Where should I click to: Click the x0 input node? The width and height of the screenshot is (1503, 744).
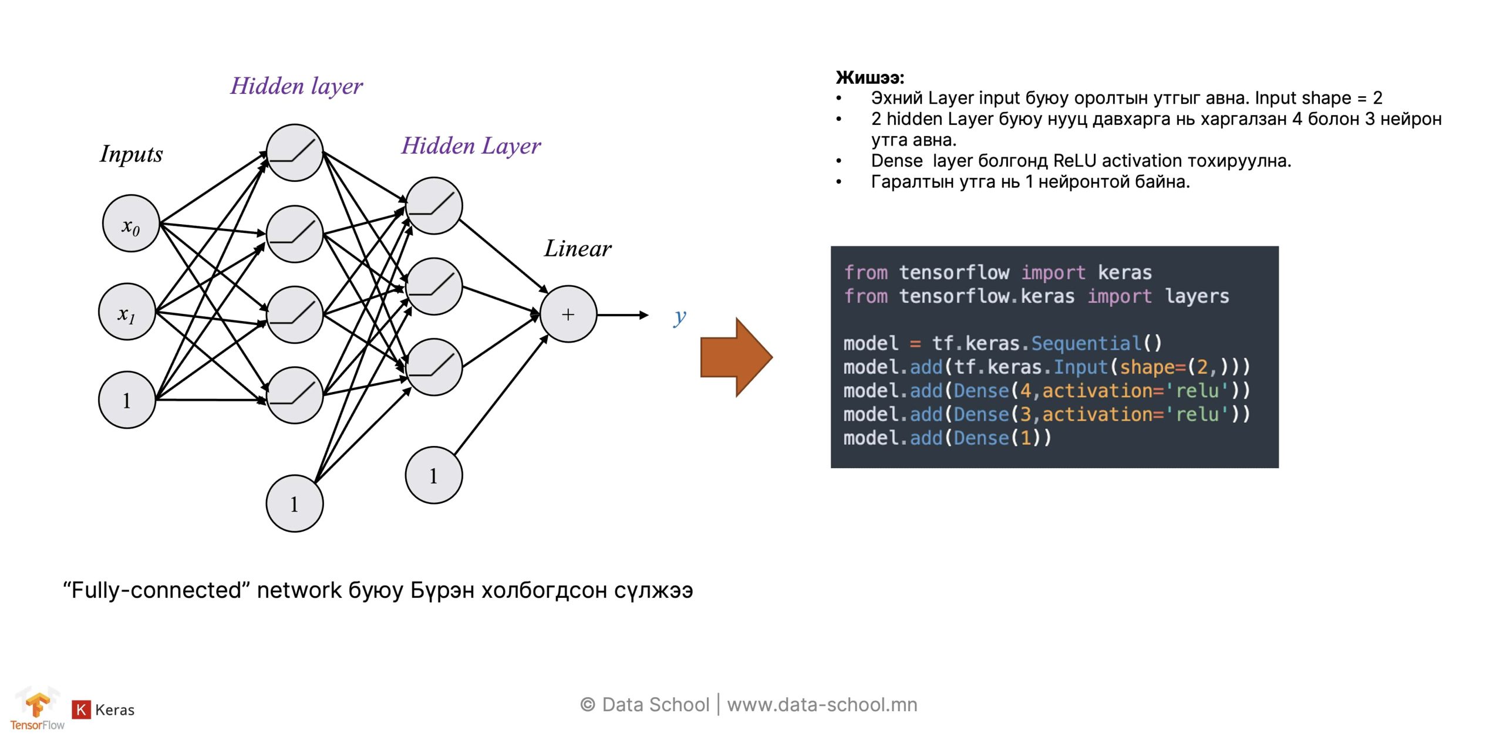click(x=131, y=224)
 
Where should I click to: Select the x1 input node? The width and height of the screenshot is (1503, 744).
click(x=127, y=312)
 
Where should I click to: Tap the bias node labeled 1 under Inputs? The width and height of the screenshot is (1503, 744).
click(x=127, y=400)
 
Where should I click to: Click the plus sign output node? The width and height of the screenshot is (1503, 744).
click(x=568, y=314)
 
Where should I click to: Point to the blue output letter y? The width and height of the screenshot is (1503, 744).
click(x=679, y=317)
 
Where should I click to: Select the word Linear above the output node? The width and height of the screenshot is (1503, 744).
click(x=577, y=249)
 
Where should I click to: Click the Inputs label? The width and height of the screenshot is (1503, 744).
click(x=131, y=154)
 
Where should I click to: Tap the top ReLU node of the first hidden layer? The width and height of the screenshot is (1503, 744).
click(x=295, y=153)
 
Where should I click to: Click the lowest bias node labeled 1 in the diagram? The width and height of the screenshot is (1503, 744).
click(x=295, y=503)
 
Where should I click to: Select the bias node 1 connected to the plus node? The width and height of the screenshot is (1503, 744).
click(x=434, y=475)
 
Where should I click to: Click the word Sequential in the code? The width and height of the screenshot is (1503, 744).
click(x=1086, y=343)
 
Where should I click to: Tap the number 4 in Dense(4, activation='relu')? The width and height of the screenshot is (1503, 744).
click(x=1025, y=391)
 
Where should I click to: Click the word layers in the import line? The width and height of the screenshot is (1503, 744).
click(x=1197, y=296)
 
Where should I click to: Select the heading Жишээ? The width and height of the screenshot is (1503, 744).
click(x=870, y=77)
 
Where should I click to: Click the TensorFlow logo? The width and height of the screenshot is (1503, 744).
click(x=37, y=709)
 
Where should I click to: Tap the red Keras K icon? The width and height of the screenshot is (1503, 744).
click(x=81, y=709)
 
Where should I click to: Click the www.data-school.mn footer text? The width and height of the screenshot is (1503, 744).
click(x=822, y=704)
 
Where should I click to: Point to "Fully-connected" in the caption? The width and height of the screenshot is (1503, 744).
click(x=153, y=590)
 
